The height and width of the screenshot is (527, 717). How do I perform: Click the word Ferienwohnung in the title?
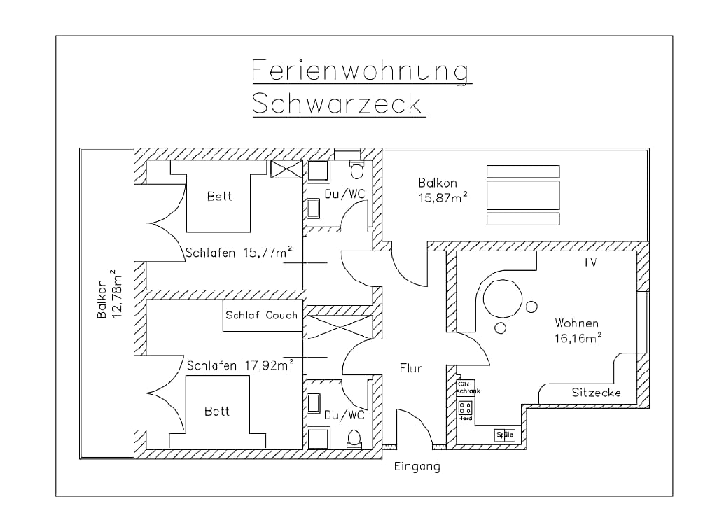click(361, 71)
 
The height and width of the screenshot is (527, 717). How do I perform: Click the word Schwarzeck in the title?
click(337, 104)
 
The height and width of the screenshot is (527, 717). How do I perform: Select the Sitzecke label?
click(596, 393)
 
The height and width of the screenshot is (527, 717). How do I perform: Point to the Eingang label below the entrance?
click(417, 466)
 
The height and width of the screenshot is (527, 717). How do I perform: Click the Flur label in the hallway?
click(410, 367)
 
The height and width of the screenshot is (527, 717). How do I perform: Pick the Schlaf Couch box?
click(261, 315)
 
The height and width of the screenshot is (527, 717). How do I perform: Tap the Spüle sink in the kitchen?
click(505, 435)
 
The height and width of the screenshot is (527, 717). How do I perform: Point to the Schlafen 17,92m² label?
click(239, 365)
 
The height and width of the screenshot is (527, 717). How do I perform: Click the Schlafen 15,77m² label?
click(239, 253)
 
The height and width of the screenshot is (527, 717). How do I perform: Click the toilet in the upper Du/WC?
click(358, 170)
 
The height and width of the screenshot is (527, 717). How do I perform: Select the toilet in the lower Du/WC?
click(355, 437)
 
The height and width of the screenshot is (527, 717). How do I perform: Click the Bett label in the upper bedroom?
click(218, 197)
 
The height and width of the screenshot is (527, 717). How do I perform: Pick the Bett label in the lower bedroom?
click(217, 412)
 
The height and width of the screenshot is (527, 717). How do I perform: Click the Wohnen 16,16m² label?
click(578, 330)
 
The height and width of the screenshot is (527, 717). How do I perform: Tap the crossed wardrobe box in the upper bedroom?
click(286, 170)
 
